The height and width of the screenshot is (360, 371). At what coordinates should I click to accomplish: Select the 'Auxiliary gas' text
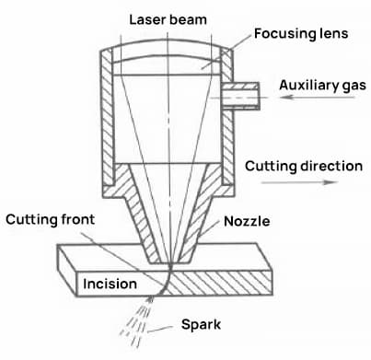click(323, 85)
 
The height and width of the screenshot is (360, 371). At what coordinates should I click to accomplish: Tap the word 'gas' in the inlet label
click(354, 86)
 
